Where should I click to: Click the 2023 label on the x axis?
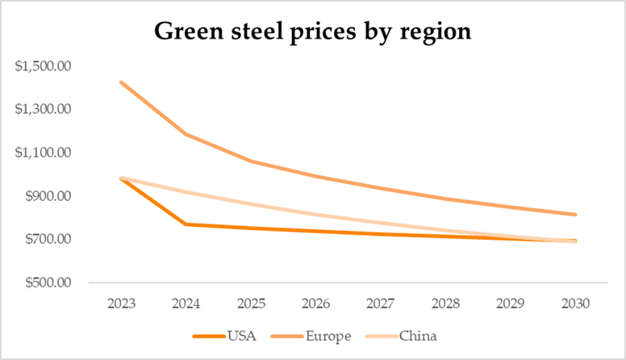click(120, 304)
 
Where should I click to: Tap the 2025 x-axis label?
click(251, 304)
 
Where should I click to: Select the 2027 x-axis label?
click(381, 304)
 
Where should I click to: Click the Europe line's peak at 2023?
click(120, 82)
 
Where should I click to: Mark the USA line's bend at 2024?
click(186, 224)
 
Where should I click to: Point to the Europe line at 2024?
click(186, 134)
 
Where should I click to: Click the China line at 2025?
click(251, 203)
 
